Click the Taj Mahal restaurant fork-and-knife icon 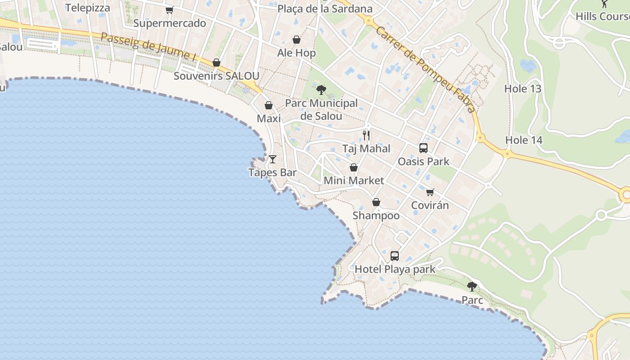point(366,135)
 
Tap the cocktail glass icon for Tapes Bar point(273,159)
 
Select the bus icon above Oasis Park point(423,148)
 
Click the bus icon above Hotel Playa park point(395,256)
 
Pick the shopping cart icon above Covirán point(430,192)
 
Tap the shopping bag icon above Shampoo point(376,202)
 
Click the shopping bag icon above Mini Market point(354,167)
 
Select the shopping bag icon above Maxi point(269,105)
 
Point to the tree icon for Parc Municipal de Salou point(321,90)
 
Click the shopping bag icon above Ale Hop point(297,40)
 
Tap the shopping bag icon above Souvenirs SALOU point(216,63)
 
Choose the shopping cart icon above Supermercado point(169,10)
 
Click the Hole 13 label point(522,89)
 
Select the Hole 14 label point(524,140)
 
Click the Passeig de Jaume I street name point(149,47)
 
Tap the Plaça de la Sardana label point(325,9)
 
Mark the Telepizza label point(88,8)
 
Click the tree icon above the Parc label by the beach point(472,286)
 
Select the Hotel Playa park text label point(395,269)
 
